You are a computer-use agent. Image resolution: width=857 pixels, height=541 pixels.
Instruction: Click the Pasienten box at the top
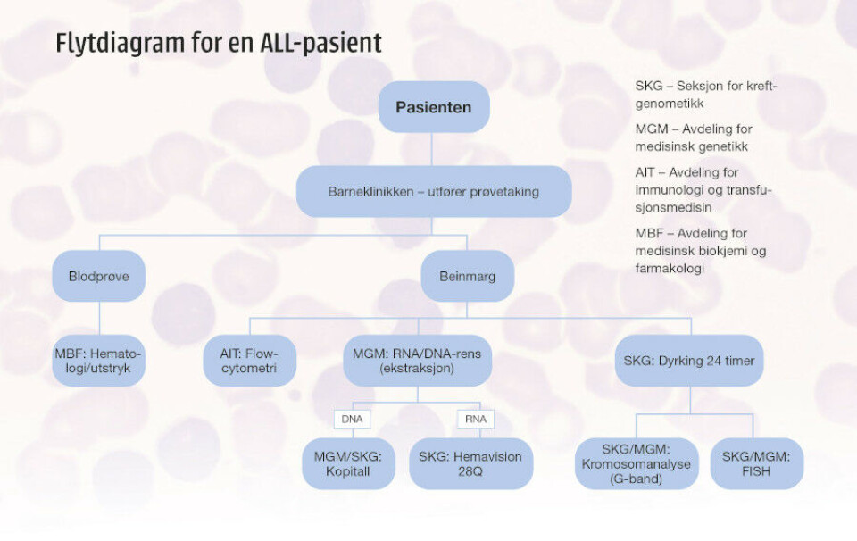(434, 107)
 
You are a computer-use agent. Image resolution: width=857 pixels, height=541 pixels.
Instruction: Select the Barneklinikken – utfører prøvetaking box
(434, 191)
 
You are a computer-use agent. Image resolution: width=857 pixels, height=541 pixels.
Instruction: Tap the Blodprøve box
(98, 277)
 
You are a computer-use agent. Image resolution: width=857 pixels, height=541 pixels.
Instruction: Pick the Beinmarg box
(467, 277)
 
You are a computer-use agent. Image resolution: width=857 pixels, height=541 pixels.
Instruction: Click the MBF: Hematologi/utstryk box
(98, 361)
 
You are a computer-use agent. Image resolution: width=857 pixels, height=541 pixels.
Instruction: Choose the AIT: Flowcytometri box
(249, 361)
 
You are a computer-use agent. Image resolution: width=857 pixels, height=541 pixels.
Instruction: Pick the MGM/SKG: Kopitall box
(348, 464)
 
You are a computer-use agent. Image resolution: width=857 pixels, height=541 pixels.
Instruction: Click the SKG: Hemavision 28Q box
(470, 464)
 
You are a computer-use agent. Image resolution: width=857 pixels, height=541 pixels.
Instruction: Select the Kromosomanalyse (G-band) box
(635, 464)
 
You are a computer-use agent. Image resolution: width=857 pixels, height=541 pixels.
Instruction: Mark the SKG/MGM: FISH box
(756, 464)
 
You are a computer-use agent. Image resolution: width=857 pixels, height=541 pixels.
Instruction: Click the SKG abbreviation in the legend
(648, 87)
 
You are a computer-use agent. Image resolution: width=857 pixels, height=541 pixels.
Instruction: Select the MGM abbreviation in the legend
(651, 129)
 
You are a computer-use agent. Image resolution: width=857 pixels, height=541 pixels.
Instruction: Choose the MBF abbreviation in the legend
(650, 234)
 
